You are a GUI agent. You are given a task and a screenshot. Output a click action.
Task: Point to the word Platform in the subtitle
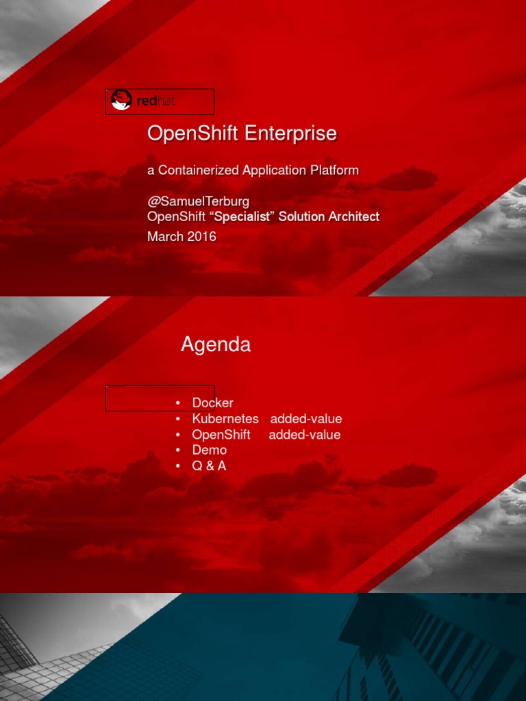pos(335,170)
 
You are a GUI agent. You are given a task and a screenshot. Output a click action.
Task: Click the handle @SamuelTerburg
pos(199,202)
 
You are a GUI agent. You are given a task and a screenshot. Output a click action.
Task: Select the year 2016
pos(202,237)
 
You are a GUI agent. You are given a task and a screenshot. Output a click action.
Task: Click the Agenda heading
pos(216,344)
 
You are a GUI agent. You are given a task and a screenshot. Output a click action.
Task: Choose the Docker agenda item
pos(212,403)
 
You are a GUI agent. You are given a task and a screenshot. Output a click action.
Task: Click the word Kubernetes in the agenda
pos(225,419)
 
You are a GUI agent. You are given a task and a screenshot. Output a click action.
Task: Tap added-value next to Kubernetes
pos(305,419)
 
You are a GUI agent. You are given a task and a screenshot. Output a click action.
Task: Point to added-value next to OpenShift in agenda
pos(304,435)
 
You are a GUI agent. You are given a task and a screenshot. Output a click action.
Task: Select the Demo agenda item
pos(209,450)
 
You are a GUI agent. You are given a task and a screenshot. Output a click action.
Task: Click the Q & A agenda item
pos(209,466)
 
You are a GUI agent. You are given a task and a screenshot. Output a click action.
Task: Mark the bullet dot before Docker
pos(177,403)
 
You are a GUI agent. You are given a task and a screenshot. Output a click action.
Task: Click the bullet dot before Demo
pos(177,450)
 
